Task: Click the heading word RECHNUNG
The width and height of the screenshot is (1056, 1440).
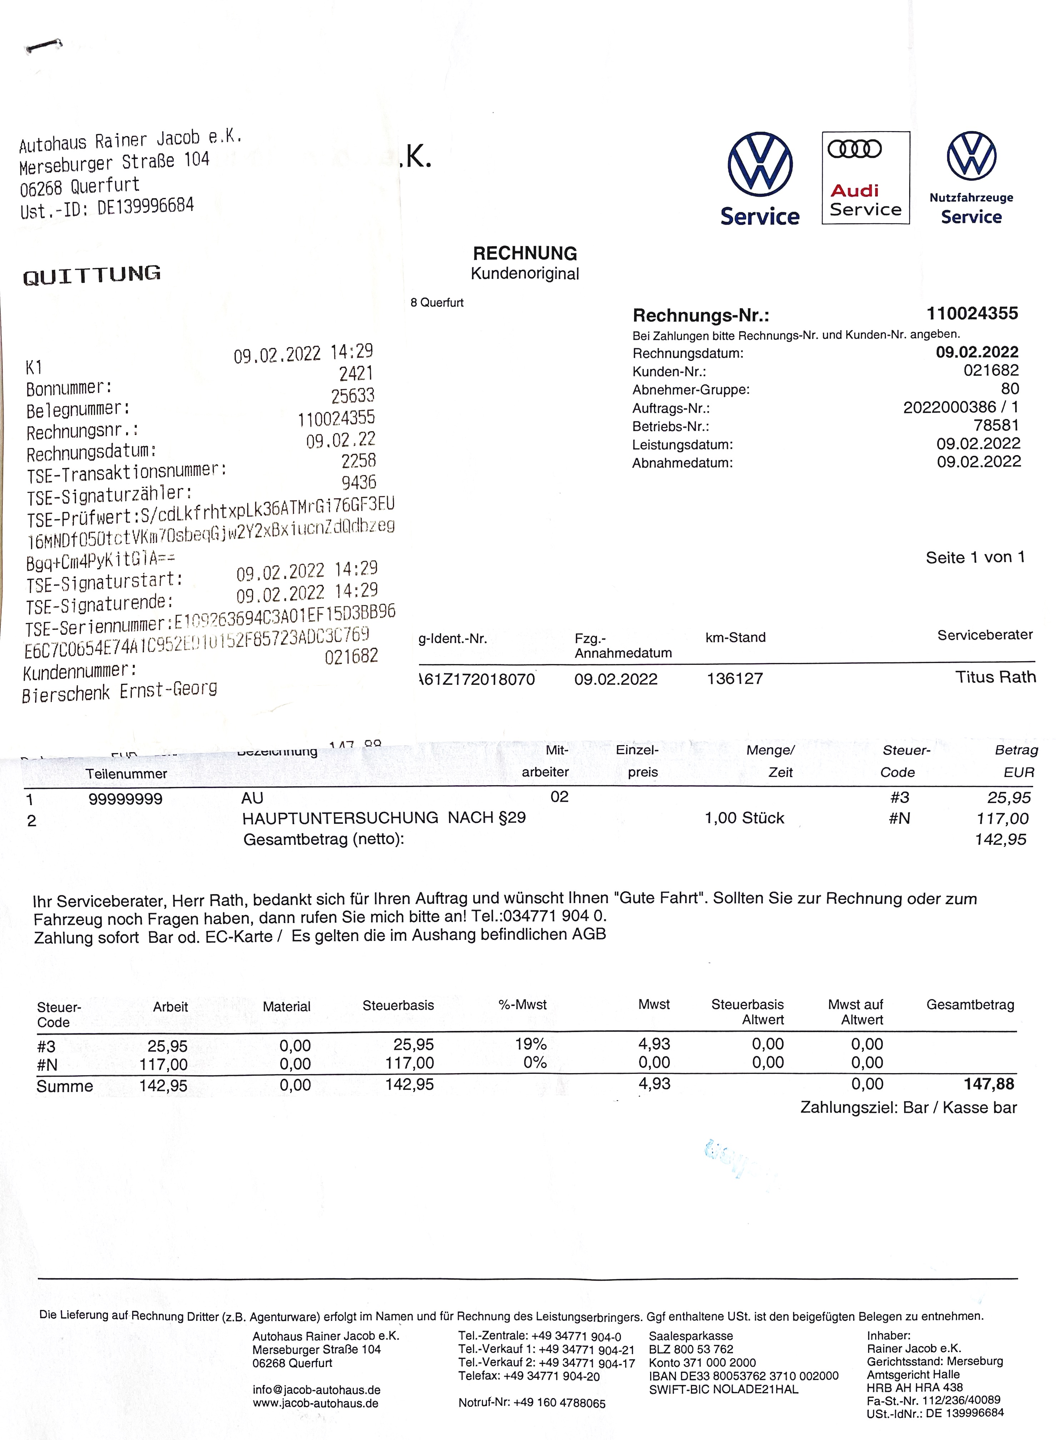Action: coord(525,253)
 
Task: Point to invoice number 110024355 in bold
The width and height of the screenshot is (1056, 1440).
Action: coord(972,313)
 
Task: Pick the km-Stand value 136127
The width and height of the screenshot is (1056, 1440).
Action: coord(734,679)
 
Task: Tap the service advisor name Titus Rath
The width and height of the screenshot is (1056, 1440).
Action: coord(995,678)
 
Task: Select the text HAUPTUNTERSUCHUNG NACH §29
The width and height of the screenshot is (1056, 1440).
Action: coord(384,818)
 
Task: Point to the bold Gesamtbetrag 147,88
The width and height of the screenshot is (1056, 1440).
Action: coord(989,1084)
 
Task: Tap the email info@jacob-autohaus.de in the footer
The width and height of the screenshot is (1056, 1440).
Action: coord(317,1390)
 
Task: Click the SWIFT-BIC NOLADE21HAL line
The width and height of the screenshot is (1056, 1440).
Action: coord(723,1390)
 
